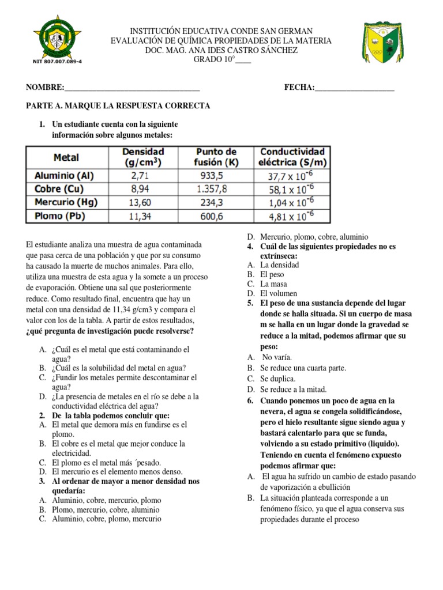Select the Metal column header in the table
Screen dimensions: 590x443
[66, 157]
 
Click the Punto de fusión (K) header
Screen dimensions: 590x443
[216, 157]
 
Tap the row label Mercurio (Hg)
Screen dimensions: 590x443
[66, 202]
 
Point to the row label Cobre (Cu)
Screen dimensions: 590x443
[60, 189]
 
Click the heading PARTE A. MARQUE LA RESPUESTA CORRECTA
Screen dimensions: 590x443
[118, 106]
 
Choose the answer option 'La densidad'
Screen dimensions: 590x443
[280, 265]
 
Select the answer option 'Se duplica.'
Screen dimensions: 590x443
[278, 379]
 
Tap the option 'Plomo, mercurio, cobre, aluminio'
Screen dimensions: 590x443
[106, 509]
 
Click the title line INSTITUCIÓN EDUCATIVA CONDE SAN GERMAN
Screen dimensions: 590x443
[221, 31]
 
